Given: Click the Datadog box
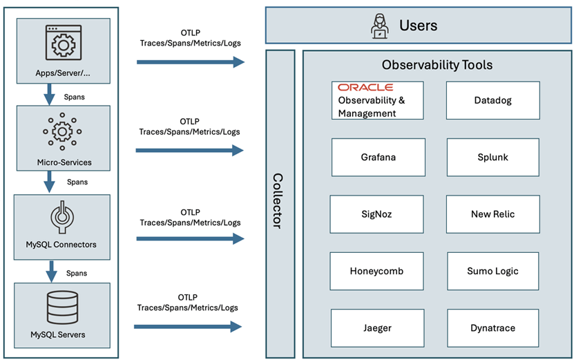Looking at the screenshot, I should (x=492, y=100).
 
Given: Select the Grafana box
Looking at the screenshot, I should (x=378, y=157).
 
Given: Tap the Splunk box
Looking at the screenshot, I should (x=492, y=157).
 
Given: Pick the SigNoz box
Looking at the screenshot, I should (x=376, y=214).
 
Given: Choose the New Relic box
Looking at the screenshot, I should (x=492, y=214).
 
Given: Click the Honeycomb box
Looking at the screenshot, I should (x=376, y=271).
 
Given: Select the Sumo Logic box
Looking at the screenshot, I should (x=492, y=271).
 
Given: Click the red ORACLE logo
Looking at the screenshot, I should (x=365, y=88).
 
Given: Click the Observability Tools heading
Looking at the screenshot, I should (x=437, y=65).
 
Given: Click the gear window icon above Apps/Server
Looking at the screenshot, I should (x=63, y=43).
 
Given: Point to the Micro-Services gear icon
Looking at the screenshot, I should (x=63, y=131).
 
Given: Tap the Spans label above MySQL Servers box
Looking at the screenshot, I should (x=76, y=273).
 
